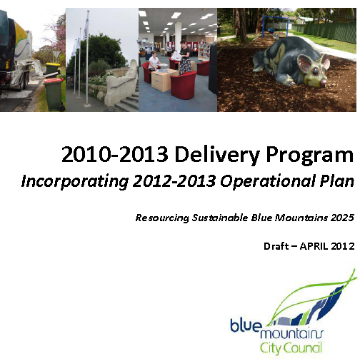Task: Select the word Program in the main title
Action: [309, 156]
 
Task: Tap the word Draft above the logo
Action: [276, 246]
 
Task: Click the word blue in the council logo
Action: [245, 325]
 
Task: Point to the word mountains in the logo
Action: [292, 333]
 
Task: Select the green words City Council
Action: [291, 348]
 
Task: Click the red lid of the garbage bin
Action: [54, 81]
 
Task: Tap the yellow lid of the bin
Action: [53, 64]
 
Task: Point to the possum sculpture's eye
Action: [316, 71]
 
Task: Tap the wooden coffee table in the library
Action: [164, 80]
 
